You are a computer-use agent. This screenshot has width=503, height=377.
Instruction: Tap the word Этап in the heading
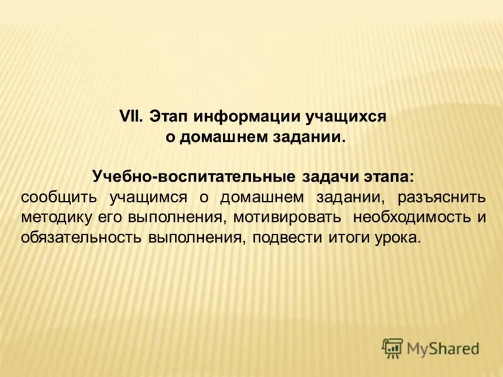(x=169, y=117)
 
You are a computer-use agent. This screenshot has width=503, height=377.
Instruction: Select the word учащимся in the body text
(x=149, y=197)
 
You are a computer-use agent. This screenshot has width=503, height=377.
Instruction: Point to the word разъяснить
(x=441, y=197)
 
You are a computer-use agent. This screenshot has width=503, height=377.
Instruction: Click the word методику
(x=57, y=218)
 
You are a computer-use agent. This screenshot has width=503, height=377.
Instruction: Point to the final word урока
(x=395, y=239)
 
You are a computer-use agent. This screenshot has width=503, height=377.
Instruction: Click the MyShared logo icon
(x=392, y=347)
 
